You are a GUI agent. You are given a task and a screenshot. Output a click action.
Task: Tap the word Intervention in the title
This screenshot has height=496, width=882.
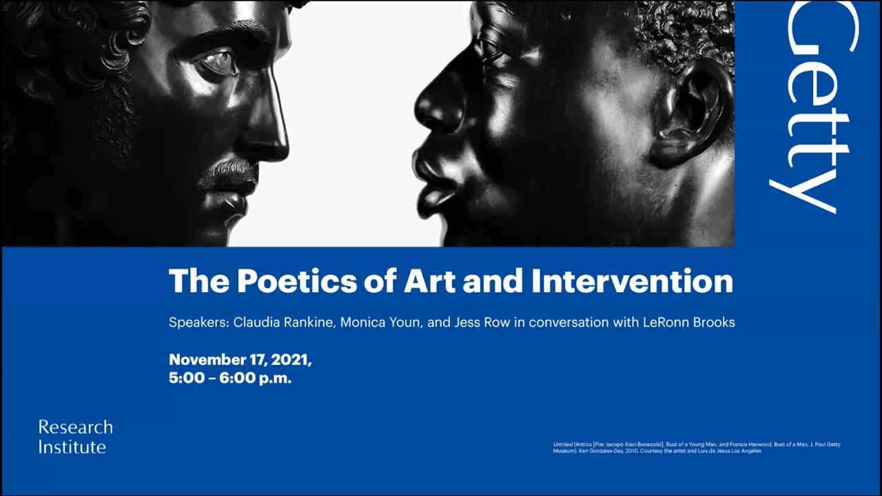pyautogui.click(x=632, y=281)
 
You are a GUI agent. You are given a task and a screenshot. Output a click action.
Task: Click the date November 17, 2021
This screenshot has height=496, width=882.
pyautogui.click(x=240, y=360)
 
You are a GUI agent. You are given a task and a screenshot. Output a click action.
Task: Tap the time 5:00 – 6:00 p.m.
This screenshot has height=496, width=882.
pyautogui.click(x=230, y=378)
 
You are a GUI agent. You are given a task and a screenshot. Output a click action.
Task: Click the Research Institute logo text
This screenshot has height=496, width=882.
pyautogui.click(x=75, y=437)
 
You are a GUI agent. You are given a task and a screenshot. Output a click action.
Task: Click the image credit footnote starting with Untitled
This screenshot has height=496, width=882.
pyautogui.click(x=696, y=448)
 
